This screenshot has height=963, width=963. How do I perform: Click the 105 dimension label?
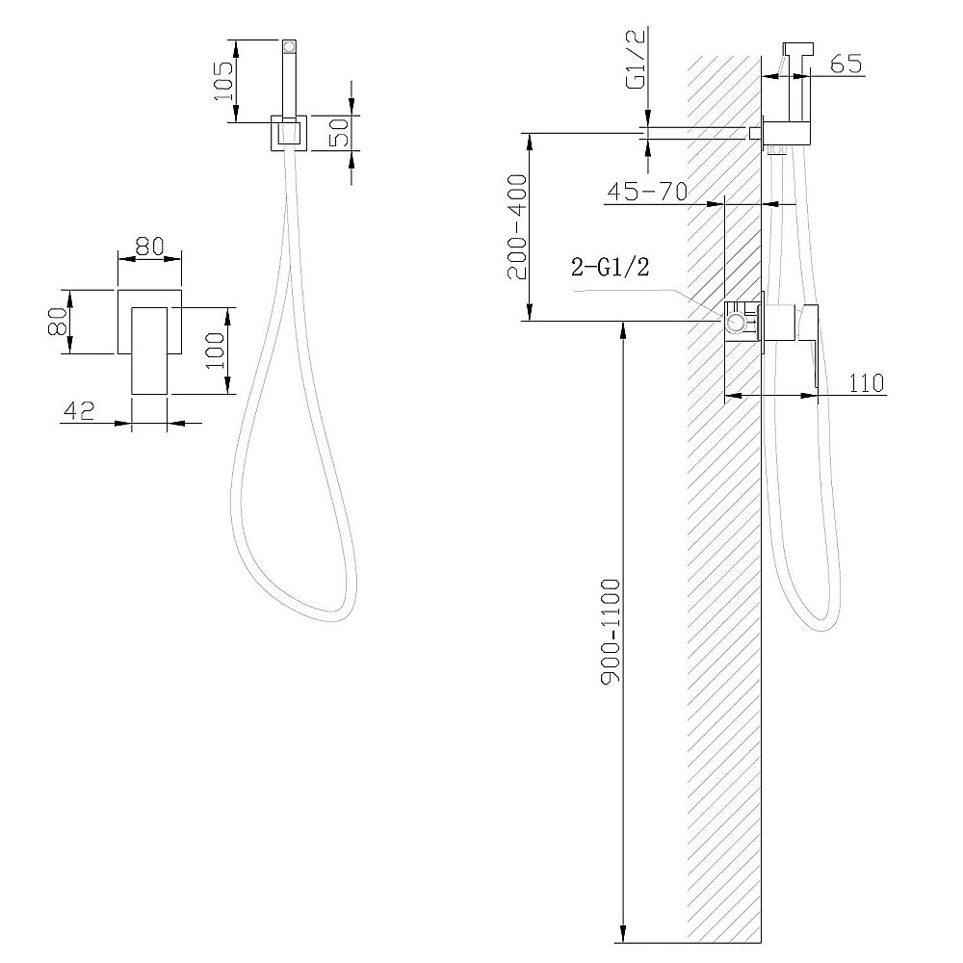click(223, 81)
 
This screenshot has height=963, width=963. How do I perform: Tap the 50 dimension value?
click(340, 132)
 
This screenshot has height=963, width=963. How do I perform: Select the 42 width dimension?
click(79, 411)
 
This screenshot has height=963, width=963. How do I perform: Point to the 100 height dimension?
click(215, 351)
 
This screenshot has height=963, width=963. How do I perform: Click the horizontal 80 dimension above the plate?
click(150, 247)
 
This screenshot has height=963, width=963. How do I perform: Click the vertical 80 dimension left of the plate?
click(58, 322)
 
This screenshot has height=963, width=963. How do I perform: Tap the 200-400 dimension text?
click(517, 226)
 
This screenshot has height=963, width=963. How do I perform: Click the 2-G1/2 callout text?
click(610, 267)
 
